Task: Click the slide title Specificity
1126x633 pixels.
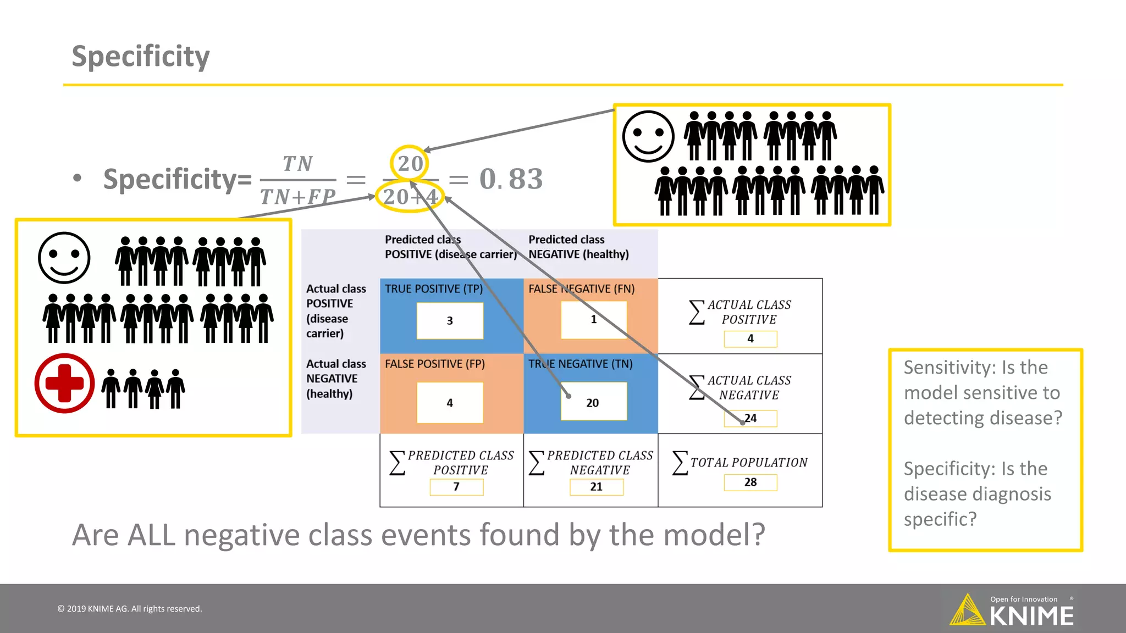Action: (141, 56)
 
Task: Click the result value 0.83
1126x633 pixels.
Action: (511, 179)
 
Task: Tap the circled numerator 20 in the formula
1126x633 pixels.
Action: (410, 163)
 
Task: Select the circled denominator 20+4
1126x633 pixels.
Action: (410, 197)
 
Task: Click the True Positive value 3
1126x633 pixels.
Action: (450, 321)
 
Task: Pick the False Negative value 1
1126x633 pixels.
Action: (593, 320)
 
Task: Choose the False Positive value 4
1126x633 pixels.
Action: (450, 403)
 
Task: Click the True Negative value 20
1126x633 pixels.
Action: (593, 403)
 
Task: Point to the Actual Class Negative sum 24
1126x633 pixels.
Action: (750, 418)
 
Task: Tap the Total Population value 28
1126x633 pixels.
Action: (750, 482)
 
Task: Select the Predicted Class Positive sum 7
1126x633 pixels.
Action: (456, 487)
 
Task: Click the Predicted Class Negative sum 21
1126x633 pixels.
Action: (597, 487)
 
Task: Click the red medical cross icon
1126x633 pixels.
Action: (64, 383)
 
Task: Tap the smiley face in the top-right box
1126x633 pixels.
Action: (648, 136)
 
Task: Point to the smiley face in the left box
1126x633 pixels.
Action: (64, 258)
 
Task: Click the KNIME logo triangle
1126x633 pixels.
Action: (967, 611)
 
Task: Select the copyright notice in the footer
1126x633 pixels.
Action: (130, 609)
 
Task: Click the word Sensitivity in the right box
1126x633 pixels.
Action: (948, 367)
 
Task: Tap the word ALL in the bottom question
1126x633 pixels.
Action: (151, 535)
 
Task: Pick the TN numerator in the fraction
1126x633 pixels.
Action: (297, 164)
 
